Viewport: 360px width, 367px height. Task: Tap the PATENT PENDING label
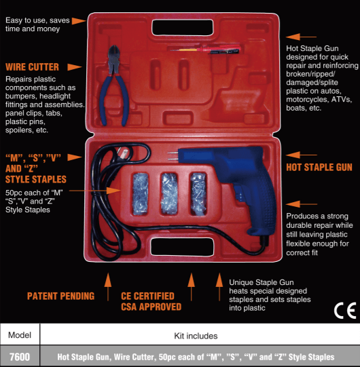click(x=60, y=296)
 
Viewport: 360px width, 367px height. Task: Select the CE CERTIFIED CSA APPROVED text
click(x=151, y=301)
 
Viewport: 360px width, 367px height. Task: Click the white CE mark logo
click(x=345, y=311)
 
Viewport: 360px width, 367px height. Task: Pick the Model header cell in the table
click(x=20, y=335)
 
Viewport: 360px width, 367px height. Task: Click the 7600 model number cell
click(x=20, y=356)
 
